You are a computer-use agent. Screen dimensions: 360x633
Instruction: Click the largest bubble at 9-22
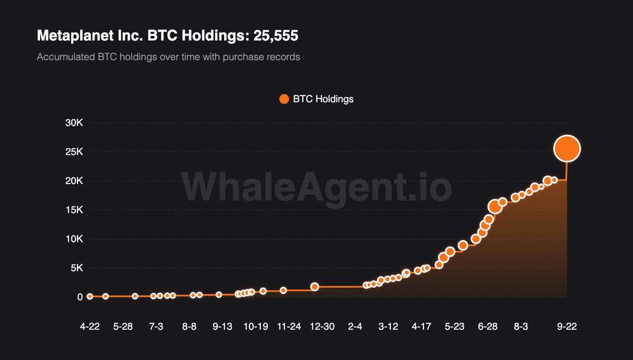coord(567,149)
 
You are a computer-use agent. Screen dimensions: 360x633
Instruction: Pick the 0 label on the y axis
coord(80,297)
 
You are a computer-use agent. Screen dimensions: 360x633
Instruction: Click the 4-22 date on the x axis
coord(90,327)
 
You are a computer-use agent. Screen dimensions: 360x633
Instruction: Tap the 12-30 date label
coord(322,327)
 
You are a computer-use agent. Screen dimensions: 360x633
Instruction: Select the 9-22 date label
coord(567,327)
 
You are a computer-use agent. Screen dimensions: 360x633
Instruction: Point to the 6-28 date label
coord(488,327)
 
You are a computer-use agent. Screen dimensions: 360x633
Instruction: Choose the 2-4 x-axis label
coord(355,327)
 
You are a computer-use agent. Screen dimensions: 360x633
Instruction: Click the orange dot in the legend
coord(284,99)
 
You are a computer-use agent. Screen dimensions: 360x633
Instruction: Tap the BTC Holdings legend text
coord(323,99)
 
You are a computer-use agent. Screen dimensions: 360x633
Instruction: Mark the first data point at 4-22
coord(90,297)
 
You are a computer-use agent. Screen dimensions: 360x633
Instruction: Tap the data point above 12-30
coord(314,287)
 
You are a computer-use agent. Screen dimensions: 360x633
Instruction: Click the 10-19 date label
coord(255,327)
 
